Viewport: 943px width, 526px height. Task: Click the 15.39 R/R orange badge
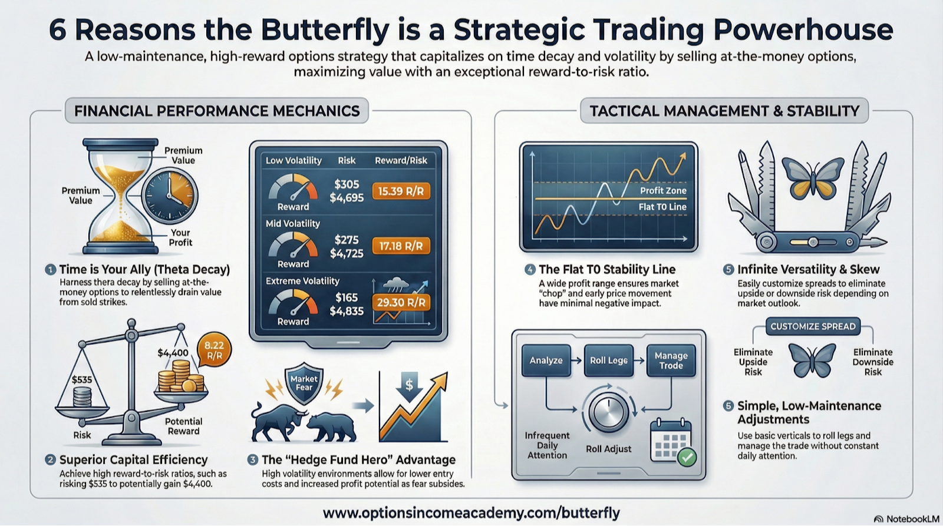[x=401, y=191]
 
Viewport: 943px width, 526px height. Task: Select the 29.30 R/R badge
[x=401, y=303]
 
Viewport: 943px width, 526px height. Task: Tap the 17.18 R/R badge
[x=401, y=246]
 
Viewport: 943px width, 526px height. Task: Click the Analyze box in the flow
[x=546, y=360]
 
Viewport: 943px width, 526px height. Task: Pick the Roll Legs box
[x=609, y=360]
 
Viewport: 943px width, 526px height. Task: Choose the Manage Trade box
[x=671, y=360]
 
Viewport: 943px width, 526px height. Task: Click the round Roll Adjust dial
[x=608, y=411]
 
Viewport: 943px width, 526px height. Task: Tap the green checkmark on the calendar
[x=687, y=457]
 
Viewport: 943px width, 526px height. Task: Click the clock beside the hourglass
[x=169, y=196]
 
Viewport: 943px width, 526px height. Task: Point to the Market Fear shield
[x=304, y=383]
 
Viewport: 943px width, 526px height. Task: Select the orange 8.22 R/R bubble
[x=215, y=350]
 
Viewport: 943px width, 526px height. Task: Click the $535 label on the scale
[x=82, y=380]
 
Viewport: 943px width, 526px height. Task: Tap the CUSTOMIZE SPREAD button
[x=813, y=326]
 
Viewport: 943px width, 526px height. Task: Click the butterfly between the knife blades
[x=813, y=178]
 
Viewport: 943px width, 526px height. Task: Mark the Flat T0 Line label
[x=662, y=207]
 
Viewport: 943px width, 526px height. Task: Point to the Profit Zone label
[x=663, y=191]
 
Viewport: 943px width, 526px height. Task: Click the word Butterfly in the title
[x=325, y=30]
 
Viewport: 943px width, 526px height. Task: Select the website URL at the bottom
[x=471, y=513]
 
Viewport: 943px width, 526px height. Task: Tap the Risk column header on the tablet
[x=347, y=160]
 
